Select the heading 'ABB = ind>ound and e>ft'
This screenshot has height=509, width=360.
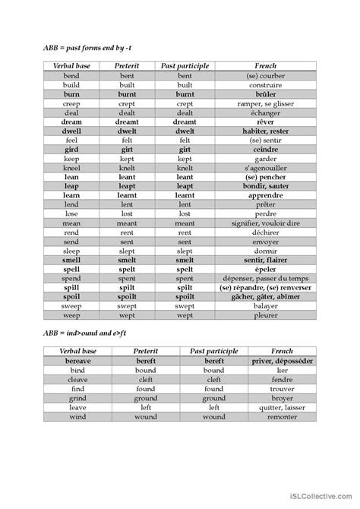[x=82, y=333]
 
